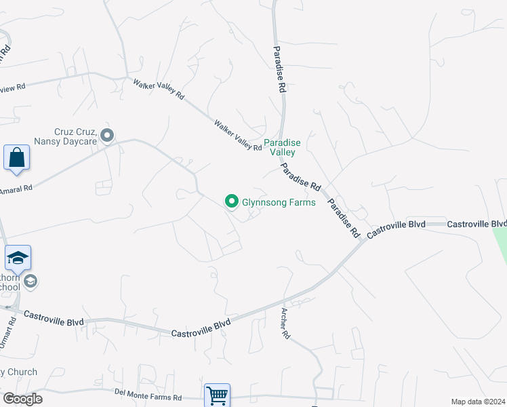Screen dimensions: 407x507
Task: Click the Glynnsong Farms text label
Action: click(x=279, y=202)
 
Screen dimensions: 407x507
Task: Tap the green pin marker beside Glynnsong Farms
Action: click(x=231, y=201)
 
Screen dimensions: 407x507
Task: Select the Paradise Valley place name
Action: click(x=282, y=147)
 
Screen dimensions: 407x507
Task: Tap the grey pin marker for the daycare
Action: click(x=107, y=136)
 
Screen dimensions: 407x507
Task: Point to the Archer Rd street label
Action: click(x=285, y=324)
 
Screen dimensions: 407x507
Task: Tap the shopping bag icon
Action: click(x=16, y=158)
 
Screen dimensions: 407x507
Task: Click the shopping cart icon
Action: click(x=217, y=395)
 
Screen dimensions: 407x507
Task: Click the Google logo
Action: click(x=22, y=399)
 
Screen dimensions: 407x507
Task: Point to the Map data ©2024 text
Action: click(x=478, y=402)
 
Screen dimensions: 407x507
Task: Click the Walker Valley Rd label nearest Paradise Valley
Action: click(x=238, y=135)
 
